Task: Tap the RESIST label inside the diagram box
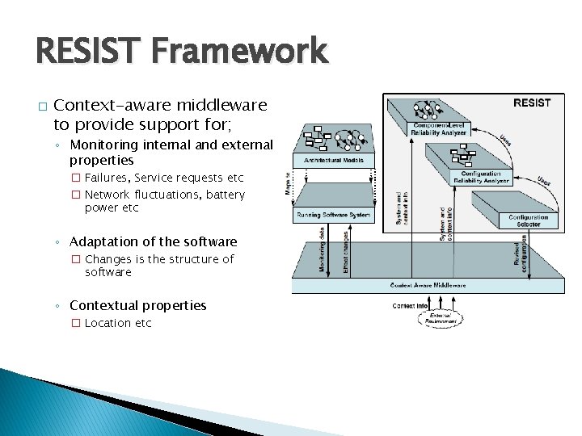pos(532,103)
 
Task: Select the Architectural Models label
pos(334,161)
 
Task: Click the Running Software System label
pos(333,215)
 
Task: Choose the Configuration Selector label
pos(529,221)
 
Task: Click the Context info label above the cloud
pos(410,306)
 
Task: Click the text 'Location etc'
pos(118,323)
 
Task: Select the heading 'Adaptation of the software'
pos(154,241)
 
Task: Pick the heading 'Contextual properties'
pos(138,305)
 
